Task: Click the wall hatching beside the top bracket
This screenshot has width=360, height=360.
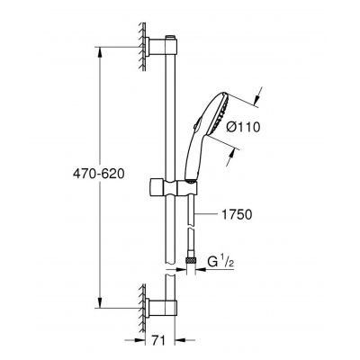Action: (x=141, y=49)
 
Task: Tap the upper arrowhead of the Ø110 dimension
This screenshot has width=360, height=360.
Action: (x=256, y=91)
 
